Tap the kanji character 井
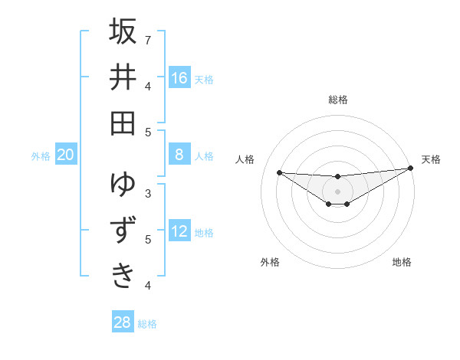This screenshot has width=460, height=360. (123, 77)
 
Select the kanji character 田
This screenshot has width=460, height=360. (123, 123)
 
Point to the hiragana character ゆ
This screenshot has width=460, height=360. (123, 185)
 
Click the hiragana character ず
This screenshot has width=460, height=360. (123, 231)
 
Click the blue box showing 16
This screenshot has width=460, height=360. (179, 78)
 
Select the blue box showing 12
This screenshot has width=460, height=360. (179, 232)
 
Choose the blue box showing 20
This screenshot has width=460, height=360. (66, 155)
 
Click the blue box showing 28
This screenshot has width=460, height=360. (123, 322)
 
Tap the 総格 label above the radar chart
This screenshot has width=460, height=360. (337, 100)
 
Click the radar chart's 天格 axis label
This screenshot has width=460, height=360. (431, 159)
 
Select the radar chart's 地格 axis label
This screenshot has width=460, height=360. (402, 262)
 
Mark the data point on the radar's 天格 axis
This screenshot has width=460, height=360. (410, 168)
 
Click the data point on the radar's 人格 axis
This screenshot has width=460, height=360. (279, 172)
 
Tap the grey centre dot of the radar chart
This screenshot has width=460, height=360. (337, 191)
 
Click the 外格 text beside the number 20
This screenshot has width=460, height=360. (41, 156)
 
